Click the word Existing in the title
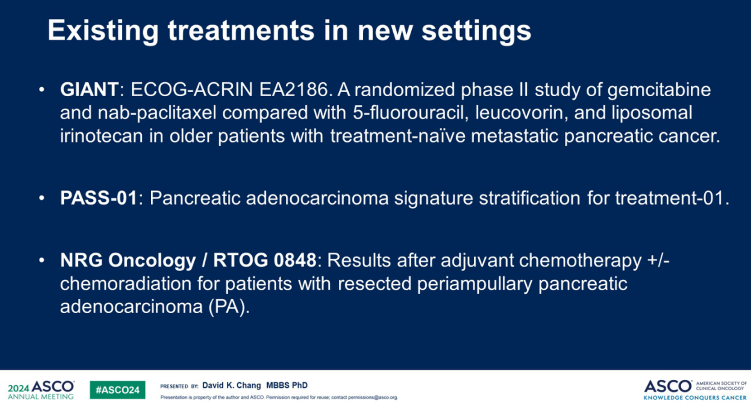[103, 31]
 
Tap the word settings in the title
[476, 31]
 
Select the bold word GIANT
[90, 90]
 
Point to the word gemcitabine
[659, 90]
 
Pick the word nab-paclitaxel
[157, 113]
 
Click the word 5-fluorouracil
[411, 112]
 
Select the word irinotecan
[102, 136]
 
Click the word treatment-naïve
[398, 136]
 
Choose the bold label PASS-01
[99, 198]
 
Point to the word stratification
[530, 198]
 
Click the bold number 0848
[295, 260]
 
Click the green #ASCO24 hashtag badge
[118, 390]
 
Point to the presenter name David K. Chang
[232, 386]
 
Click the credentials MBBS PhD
[287, 386]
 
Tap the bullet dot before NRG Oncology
[41, 260]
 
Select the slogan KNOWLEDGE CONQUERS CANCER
[695, 398]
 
